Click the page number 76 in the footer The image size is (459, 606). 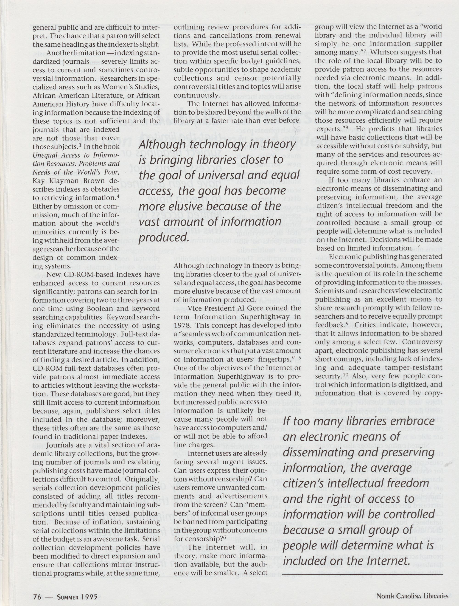click(37, 596)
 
